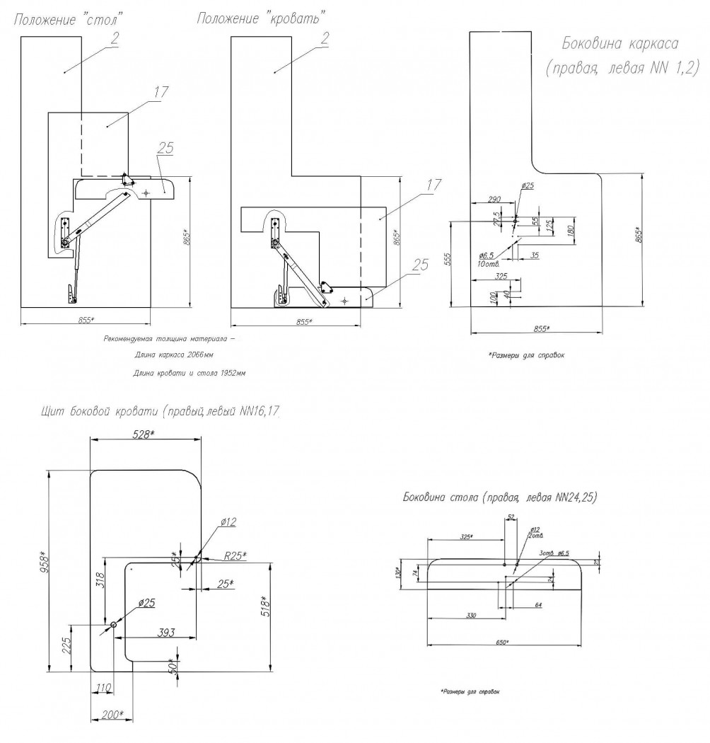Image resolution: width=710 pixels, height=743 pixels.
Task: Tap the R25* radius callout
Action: pos(235,555)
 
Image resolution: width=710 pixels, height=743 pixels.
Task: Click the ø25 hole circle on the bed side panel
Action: pos(114,625)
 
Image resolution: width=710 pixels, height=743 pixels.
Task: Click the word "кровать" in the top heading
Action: pos(297,16)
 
